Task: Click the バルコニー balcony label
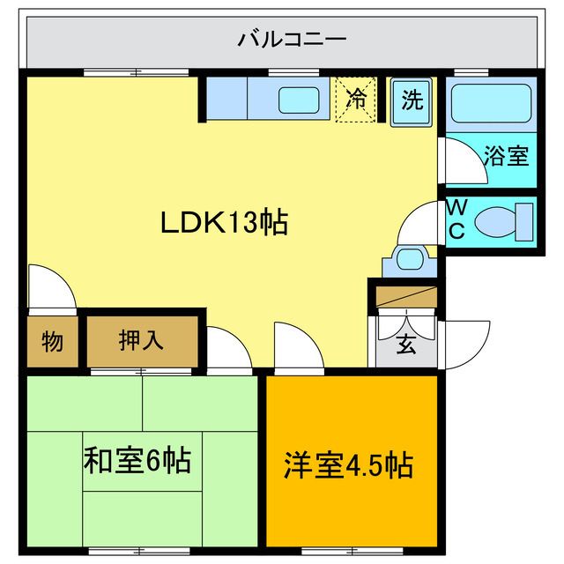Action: [292, 40]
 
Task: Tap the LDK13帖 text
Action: [224, 223]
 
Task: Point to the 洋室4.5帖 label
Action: [349, 464]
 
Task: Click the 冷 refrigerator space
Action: [357, 98]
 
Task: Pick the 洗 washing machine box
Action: [411, 100]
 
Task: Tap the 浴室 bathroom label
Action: [506, 156]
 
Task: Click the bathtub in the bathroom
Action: [490, 104]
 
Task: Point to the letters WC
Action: [456, 219]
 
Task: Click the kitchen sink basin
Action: [299, 100]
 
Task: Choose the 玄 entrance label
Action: [404, 344]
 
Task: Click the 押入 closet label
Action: [141, 340]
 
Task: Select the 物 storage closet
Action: [52, 340]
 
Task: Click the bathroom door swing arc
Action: [456, 159]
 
